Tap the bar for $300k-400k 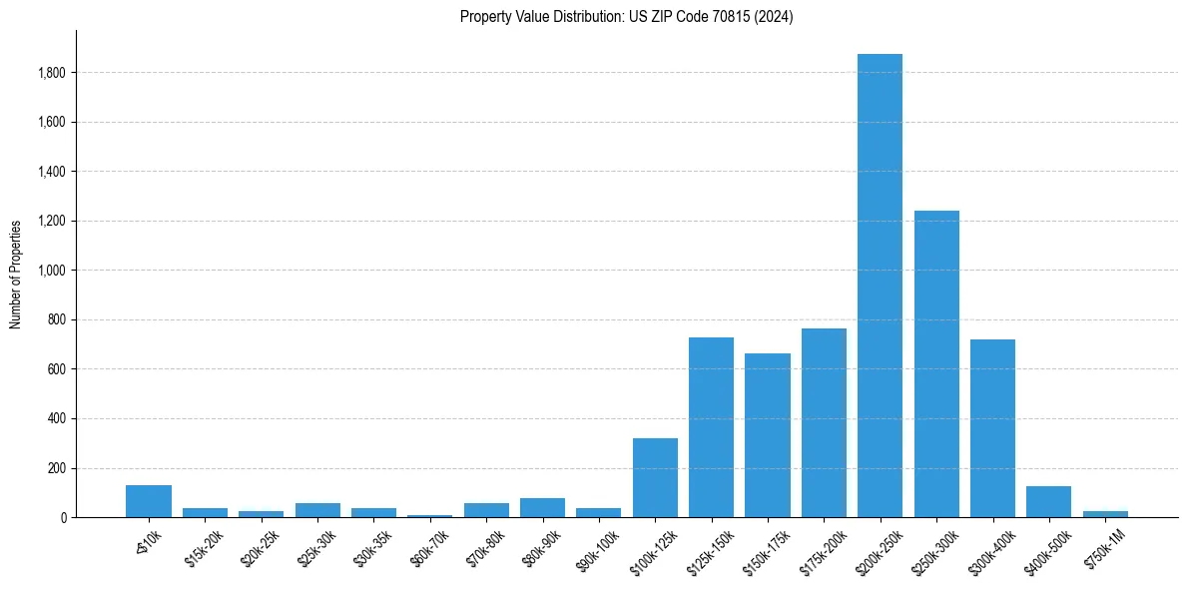tap(992, 428)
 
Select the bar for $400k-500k tap(1048, 501)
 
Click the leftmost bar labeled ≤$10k tap(149, 501)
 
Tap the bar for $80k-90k tap(542, 507)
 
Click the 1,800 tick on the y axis tap(52, 73)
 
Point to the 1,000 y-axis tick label tap(52, 271)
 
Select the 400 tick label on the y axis tap(58, 419)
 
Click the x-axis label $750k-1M tap(1101, 543)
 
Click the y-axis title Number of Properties tap(15, 275)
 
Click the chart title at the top tap(626, 17)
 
